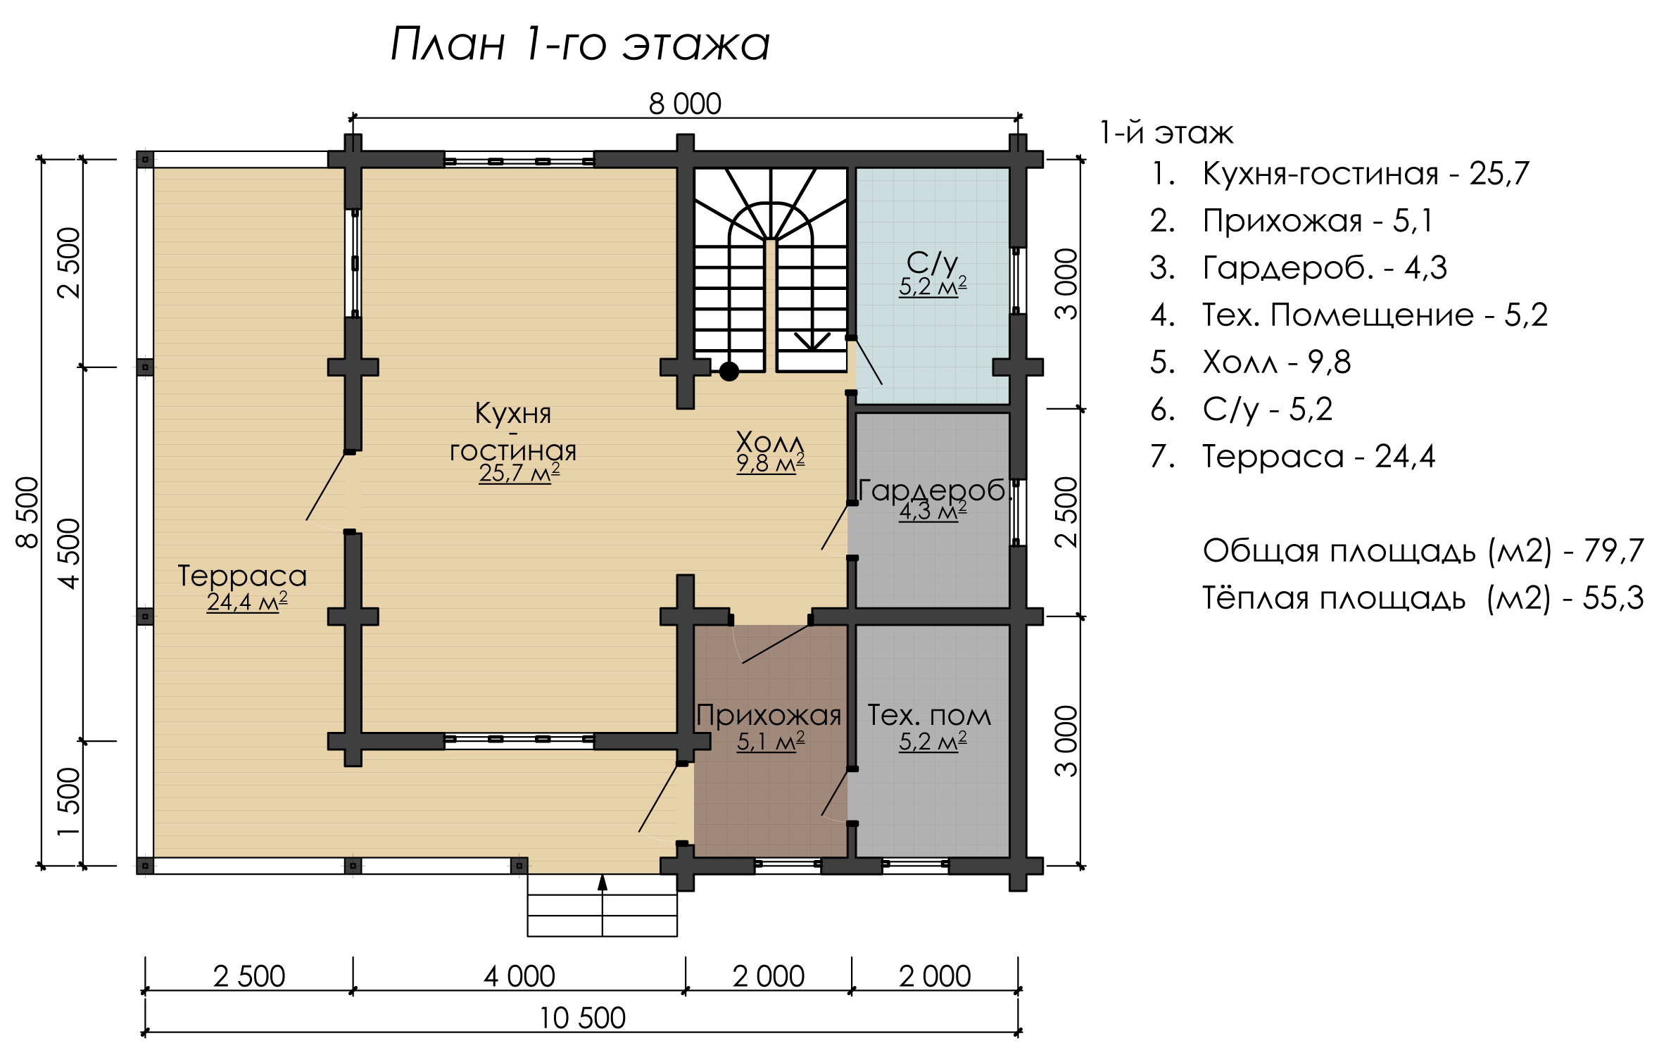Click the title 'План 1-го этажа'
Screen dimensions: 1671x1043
click(x=580, y=44)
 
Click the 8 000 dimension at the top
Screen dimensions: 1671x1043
click(x=685, y=104)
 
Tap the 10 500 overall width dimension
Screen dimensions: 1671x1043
click(x=582, y=1018)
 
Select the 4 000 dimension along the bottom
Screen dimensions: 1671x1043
click(x=519, y=977)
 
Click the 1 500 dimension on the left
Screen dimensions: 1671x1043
click(x=69, y=802)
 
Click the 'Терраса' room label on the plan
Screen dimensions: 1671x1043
click(x=242, y=576)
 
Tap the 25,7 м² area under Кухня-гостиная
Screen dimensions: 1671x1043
click(x=519, y=473)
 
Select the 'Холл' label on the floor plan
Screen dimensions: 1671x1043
click(x=770, y=443)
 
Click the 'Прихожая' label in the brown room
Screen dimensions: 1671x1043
click(x=769, y=716)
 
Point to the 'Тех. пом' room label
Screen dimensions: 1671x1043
click(x=929, y=716)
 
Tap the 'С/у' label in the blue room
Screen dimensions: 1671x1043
click(x=932, y=263)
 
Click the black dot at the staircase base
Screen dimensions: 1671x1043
click(x=729, y=371)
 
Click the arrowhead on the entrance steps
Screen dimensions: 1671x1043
click(x=603, y=883)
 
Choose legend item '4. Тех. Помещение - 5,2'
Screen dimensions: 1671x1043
click(x=1349, y=315)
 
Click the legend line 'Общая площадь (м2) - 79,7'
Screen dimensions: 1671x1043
click(x=1423, y=550)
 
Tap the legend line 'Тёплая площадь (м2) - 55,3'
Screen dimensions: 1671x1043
click(x=1423, y=598)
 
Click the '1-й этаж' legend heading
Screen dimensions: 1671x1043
click(x=1166, y=133)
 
